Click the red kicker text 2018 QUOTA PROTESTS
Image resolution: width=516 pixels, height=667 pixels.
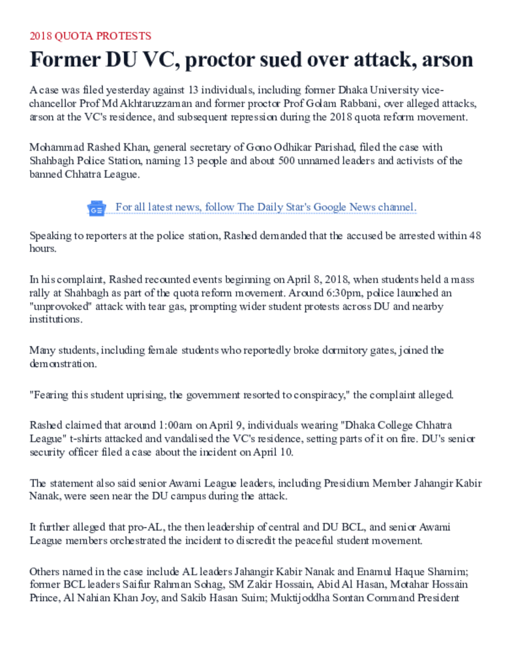[90, 36]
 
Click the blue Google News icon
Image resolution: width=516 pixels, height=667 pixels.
[97, 208]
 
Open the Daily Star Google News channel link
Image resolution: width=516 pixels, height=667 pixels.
[266, 207]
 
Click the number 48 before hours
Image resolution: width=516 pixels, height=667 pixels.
[475, 235]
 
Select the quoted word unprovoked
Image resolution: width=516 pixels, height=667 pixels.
[57, 306]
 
